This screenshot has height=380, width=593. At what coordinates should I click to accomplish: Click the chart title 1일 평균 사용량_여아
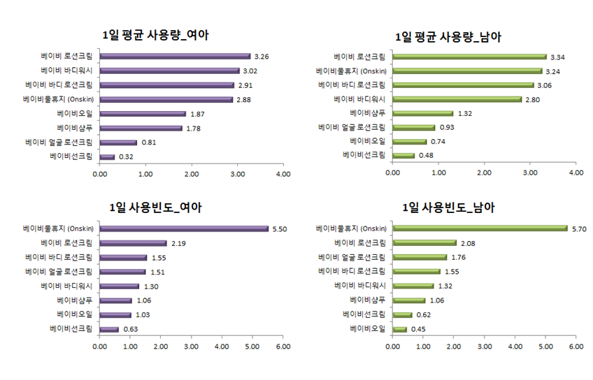click(155, 36)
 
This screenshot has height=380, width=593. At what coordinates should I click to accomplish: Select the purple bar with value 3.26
click(175, 57)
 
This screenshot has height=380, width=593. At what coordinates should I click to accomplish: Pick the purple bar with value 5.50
click(184, 228)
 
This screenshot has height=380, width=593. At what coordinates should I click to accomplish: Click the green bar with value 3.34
click(469, 57)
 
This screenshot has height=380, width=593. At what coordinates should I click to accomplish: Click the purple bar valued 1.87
click(143, 113)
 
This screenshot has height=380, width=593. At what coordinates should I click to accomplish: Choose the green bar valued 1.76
click(420, 257)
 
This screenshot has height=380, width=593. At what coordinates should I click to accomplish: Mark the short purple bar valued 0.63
click(109, 329)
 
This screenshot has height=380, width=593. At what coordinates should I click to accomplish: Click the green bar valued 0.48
click(403, 155)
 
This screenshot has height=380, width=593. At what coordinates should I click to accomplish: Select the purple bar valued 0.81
click(118, 142)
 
